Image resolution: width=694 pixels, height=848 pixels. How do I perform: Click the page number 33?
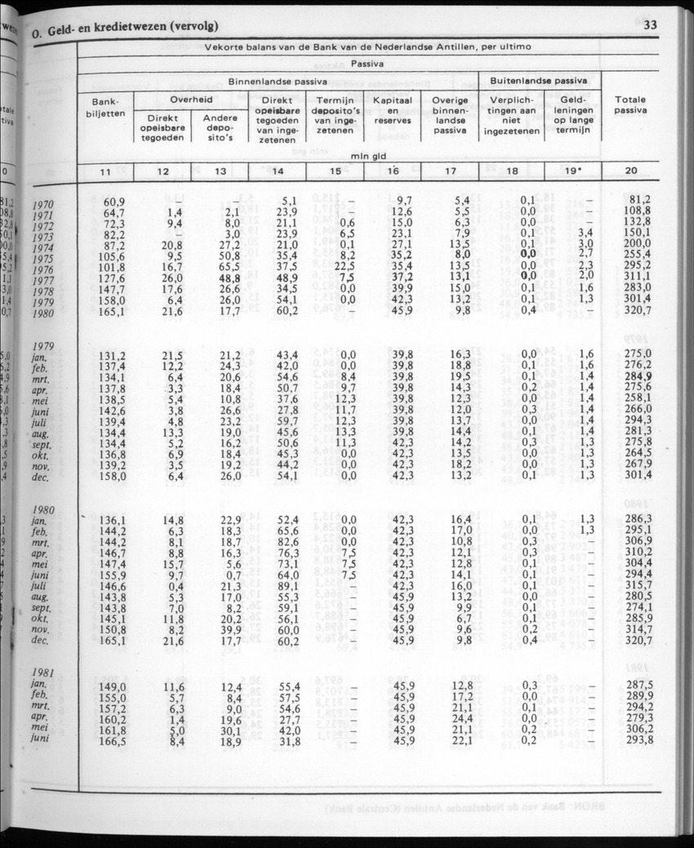[x=651, y=24]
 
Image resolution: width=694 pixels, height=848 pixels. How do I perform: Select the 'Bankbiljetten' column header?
[x=105, y=108]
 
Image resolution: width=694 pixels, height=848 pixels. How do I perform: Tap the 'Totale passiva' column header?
[x=630, y=104]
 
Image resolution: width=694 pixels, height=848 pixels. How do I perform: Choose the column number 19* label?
[x=572, y=171]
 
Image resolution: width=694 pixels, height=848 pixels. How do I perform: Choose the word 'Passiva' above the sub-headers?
[x=367, y=63]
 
